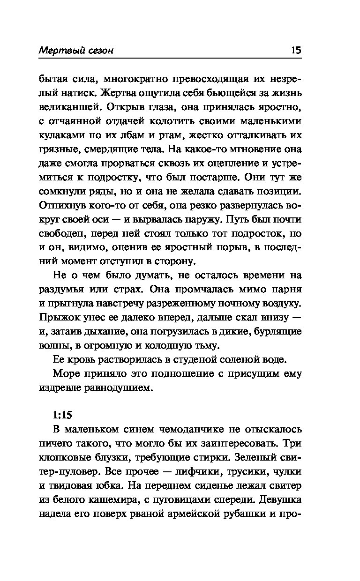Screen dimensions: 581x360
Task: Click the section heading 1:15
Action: click(61, 415)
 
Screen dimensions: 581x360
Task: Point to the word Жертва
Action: click(130, 92)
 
